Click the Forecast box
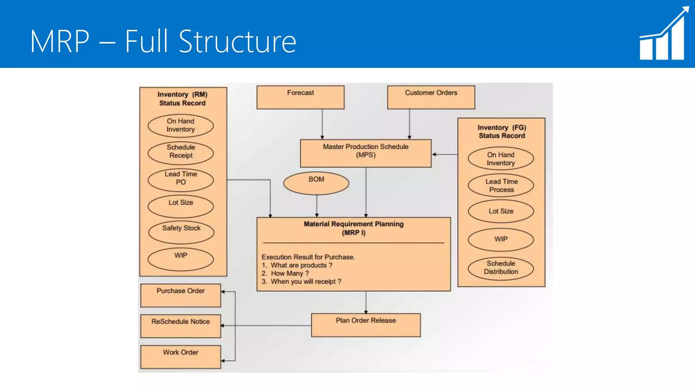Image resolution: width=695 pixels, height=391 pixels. tap(300, 97)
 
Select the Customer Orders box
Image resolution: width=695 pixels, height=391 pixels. tap(431, 97)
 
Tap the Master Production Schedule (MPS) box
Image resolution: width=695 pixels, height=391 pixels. tap(365, 153)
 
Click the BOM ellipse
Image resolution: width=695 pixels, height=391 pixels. tap(316, 183)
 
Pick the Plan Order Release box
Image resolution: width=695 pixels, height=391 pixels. tap(366, 325)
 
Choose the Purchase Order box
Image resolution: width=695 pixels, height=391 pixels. tap(181, 295)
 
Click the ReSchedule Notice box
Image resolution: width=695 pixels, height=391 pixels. tap(181, 326)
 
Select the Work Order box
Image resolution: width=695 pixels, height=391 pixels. tap(181, 357)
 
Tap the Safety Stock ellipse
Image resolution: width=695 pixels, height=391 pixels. tap(181, 232)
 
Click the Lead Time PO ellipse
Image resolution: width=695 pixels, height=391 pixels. tap(181, 180)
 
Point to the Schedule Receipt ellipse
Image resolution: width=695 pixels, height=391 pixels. tap(181, 153)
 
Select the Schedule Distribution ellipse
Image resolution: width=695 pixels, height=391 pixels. tap(501, 268)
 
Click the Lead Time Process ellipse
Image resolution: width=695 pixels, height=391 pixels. tap(501, 185)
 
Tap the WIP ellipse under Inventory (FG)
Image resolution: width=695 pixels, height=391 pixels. tap(501, 240)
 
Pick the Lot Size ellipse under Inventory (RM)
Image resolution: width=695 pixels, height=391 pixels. tap(181, 206)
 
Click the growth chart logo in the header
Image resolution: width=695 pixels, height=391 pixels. tap(664, 34)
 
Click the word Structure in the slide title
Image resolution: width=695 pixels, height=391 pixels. tap(238, 42)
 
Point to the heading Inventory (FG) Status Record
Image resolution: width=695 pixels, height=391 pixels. tap(502, 132)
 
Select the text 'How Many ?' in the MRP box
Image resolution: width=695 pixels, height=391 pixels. tap(290, 274)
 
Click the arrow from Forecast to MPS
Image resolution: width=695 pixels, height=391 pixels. tap(322, 124)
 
